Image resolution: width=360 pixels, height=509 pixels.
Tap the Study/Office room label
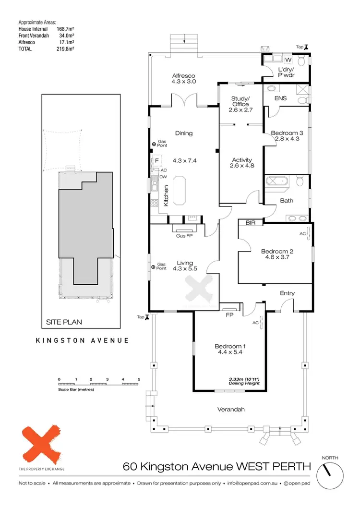241,101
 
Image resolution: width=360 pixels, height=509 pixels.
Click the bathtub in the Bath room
276,182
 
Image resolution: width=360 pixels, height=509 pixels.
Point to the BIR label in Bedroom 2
250,223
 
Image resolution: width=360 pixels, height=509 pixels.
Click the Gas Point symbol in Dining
154,144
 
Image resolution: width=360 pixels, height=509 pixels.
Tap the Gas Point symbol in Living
154,267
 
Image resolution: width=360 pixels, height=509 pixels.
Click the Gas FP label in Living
185,236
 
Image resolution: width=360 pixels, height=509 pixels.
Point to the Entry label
287,293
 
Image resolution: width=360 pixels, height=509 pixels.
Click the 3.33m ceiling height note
244,381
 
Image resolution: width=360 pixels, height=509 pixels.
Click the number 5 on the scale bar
139,379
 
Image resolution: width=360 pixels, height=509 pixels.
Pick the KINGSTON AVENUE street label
83,340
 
